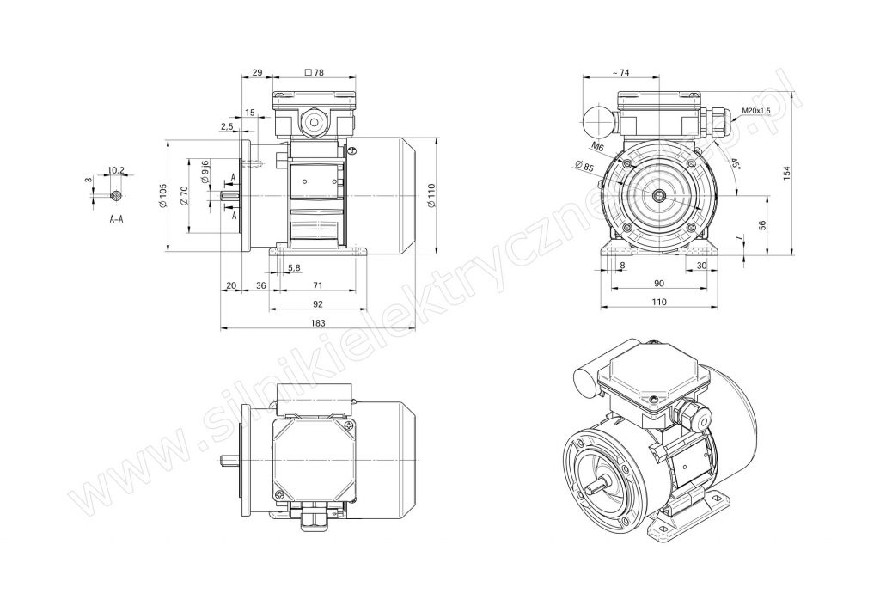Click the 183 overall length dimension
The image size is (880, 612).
tap(318, 323)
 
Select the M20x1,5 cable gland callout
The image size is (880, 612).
tap(755, 111)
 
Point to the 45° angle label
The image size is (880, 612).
tap(736, 165)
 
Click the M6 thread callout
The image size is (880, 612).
tap(598, 147)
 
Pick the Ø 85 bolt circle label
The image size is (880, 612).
tap(584, 166)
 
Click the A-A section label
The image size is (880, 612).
tap(116, 219)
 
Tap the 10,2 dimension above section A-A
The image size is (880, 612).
tap(115, 169)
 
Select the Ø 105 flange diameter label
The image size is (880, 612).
tap(162, 195)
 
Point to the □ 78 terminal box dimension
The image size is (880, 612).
tap(314, 72)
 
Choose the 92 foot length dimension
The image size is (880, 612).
tap(318, 303)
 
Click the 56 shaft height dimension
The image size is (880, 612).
tap(761, 224)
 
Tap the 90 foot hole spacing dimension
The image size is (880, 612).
tap(659, 283)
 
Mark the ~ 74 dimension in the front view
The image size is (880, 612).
tap(620, 72)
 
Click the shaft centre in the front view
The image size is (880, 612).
tap(659, 195)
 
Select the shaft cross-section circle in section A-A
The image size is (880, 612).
tap(116, 195)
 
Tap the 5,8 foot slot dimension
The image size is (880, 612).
tap(294, 268)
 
